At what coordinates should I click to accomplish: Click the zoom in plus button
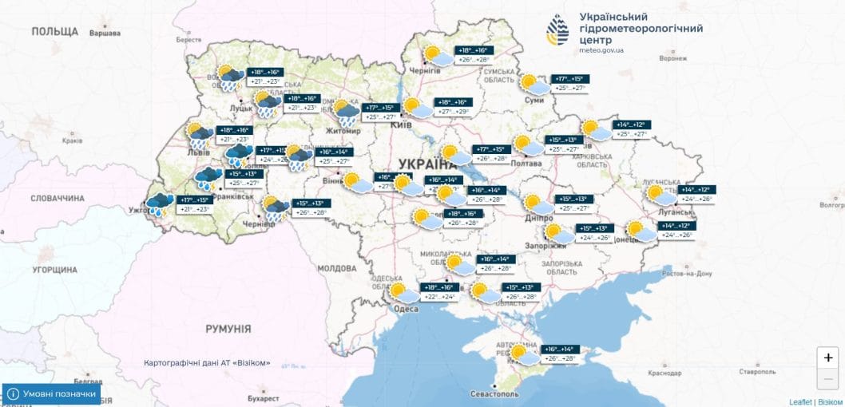coord(828,358)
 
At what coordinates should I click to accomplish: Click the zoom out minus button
coord(828,378)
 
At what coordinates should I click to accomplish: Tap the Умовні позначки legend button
coord(53,394)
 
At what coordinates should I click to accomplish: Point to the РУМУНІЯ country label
coord(228,329)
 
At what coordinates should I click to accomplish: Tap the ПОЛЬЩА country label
coord(55,31)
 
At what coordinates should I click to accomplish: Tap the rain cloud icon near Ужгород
coord(160,204)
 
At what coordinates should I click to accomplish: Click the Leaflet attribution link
coord(800,401)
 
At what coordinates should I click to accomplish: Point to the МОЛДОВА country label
coord(336,269)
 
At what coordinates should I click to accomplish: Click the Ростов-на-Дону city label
coord(686,273)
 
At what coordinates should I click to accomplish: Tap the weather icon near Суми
coord(534,84)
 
